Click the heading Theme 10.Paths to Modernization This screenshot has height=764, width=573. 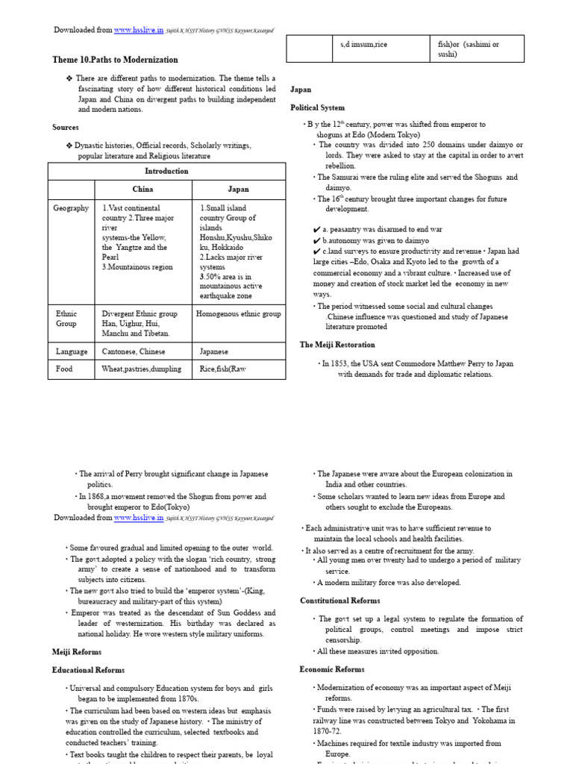tap(115, 60)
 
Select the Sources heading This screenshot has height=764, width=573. tap(66, 128)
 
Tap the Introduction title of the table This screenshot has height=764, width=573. tap(166, 171)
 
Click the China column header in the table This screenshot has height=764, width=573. tap(143, 190)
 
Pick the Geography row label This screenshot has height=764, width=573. tap(71, 208)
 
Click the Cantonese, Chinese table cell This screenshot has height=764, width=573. tap(134, 351)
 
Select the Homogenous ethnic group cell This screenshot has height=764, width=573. tap(238, 314)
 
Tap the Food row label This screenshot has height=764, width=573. tap(63, 369)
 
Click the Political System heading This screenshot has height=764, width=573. tap(317, 107)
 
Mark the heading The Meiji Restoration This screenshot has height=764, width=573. tap(337, 345)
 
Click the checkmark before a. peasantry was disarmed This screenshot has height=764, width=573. tap(317, 231)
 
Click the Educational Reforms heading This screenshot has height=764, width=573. tap(88, 670)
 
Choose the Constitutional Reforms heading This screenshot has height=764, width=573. tap(339, 600)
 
